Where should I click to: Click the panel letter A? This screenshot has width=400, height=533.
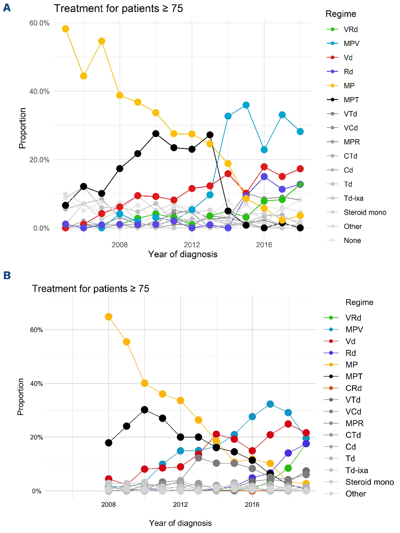7,7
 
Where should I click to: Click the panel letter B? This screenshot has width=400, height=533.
7,275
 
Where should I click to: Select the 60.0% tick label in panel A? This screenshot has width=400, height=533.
40,23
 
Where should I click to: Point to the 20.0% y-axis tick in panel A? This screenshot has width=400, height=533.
40,160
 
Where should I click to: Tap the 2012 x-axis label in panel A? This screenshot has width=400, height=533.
192,245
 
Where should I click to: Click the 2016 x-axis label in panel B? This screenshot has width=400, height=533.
252,505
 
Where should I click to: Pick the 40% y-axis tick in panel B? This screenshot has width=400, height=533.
37,383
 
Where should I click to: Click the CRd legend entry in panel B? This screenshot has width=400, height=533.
353,388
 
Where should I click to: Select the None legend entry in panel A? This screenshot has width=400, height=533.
352,240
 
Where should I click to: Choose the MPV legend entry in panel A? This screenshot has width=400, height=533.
351,43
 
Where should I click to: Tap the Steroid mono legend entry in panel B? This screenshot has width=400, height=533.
369,482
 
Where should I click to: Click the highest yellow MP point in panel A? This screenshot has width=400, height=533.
65,29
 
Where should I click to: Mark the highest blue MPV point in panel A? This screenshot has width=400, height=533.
246,105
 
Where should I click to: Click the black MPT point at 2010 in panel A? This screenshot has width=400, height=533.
156,133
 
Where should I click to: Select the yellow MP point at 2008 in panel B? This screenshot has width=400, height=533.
109,317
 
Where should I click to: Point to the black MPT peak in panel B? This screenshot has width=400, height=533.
144,410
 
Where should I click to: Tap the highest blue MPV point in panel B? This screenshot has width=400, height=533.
270,404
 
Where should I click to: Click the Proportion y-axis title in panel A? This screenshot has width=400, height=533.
22,128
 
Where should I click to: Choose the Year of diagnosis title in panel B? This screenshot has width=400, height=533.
180,523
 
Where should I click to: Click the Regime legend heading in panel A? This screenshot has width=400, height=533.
341,14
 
